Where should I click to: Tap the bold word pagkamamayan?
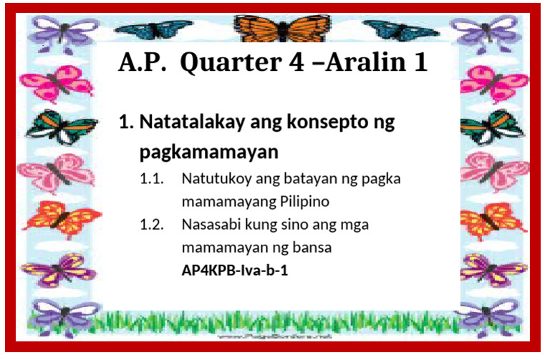pos(208,153)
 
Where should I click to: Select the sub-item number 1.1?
pos(152,178)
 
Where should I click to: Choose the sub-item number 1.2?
pos(152,225)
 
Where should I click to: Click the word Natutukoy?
pos(214,178)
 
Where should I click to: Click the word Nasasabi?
pos(211,225)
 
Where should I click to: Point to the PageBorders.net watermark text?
pos(275,336)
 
